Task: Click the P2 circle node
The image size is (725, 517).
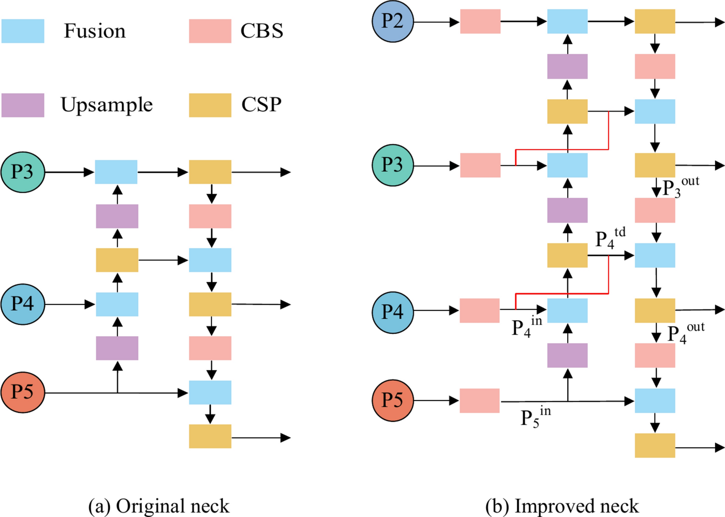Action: point(392,21)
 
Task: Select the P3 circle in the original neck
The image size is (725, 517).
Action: point(22,172)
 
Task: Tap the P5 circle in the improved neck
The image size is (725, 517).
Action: point(392,400)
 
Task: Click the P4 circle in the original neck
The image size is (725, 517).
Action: point(22,304)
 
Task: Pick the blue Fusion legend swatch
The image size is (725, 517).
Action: point(23,31)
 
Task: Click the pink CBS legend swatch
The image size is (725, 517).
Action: point(210,31)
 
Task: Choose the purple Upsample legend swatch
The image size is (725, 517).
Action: point(23,105)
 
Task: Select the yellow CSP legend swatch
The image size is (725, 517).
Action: point(210,105)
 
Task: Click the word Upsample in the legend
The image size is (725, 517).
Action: point(107,105)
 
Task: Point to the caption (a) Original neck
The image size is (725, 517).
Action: point(159,506)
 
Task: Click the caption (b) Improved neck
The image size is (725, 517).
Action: point(562,506)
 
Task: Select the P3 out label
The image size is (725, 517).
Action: point(680,186)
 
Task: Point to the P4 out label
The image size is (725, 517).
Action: point(685,333)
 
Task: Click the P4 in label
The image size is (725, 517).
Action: point(526,327)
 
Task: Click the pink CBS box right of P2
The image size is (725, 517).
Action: point(480,21)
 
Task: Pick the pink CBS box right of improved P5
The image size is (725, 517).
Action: point(480,400)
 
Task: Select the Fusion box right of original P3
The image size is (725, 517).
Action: point(116,172)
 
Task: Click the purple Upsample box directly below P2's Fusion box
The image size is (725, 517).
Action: point(567,66)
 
